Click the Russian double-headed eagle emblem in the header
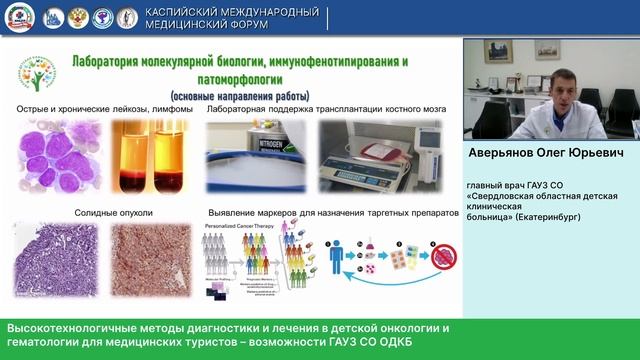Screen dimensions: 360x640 tap(75, 17)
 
